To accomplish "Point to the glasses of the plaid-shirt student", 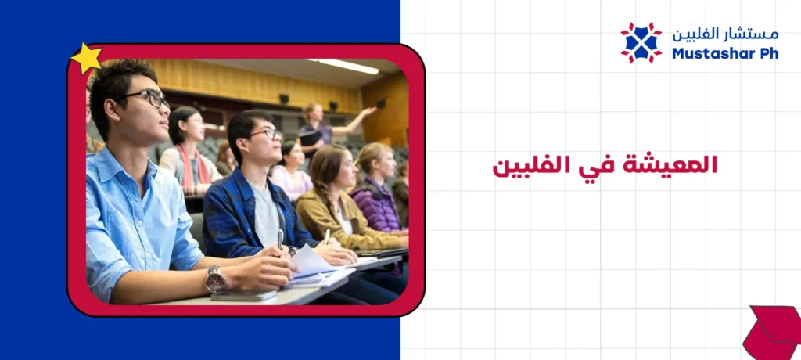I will click(267, 134).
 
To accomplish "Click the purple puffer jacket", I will click(376, 205).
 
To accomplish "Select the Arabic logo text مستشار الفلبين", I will click(725, 34).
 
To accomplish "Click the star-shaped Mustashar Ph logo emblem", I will click(641, 42).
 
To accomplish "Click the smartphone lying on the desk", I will click(243, 296).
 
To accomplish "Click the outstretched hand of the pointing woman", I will click(369, 111).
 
